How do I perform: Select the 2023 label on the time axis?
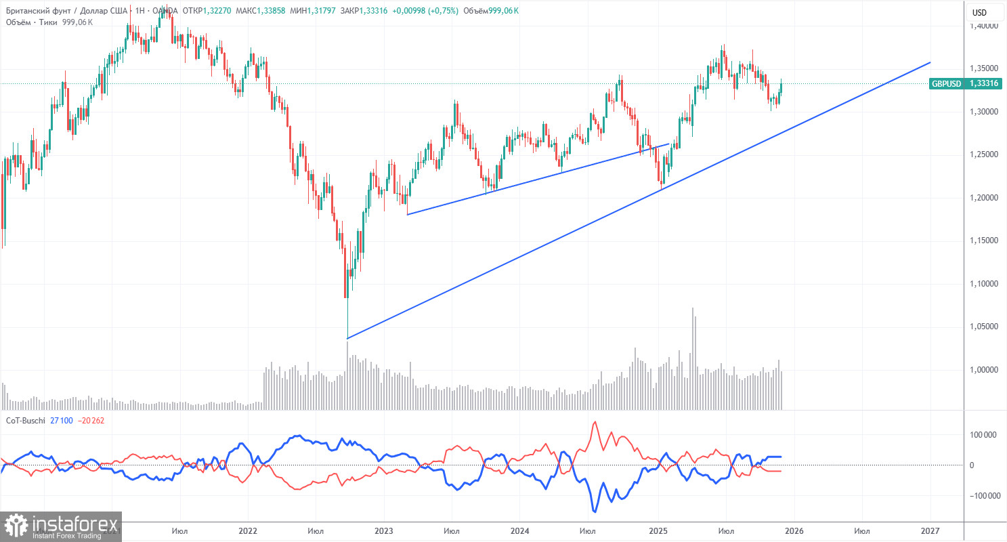pos(383,530)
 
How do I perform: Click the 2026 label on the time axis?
pos(794,530)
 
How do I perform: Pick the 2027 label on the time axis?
pos(930,530)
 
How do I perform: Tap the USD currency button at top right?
pos(979,12)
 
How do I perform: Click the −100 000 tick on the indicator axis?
pos(983,496)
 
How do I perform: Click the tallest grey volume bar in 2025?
pos(693,359)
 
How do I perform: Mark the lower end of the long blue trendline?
pos(347,338)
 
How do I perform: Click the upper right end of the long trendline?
pos(930,62)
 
